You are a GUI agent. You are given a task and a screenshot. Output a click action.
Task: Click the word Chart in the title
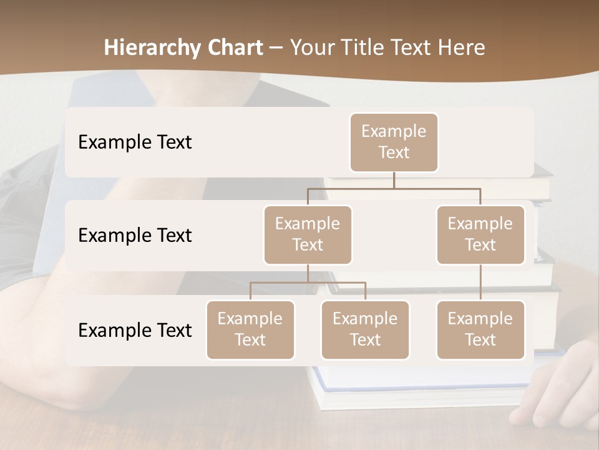[x=235, y=47]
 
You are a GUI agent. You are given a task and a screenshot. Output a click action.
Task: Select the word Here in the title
[x=461, y=47]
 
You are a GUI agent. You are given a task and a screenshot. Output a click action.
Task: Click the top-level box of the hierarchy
[x=394, y=142]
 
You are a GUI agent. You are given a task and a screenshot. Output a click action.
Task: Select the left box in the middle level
[x=308, y=235]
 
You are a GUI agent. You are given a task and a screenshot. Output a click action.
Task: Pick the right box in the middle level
[x=480, y=235]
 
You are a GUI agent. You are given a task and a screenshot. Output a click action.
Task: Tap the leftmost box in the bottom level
[x=250, y=330]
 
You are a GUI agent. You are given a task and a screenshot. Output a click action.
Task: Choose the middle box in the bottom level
[x=365, y=330]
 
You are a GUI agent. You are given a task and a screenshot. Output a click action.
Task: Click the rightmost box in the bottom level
[x=480, y=330]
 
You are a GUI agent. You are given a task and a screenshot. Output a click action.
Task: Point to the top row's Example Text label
[x=135, y=142]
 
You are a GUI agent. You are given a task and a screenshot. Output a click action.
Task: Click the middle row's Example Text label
[x=135, y=236]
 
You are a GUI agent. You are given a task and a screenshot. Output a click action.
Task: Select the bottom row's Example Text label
[x=135, y=331]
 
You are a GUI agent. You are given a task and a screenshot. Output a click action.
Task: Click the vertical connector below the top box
[x=394, y=180]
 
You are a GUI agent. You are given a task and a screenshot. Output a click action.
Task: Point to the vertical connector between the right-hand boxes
[x=480, y=282]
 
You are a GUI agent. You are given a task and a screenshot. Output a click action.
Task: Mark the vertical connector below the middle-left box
[x=308, y=273]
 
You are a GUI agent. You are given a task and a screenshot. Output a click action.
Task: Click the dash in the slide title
[x=276, y=48]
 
